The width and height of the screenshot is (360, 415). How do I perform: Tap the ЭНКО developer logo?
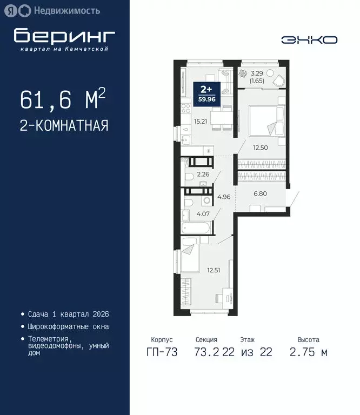(x=309, y=40)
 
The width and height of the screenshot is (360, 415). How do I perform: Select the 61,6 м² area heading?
(x=63, y=100)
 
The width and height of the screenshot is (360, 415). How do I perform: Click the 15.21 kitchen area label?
(x=199, y=122)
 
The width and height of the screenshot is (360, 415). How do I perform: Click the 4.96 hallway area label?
(x=224, y=197)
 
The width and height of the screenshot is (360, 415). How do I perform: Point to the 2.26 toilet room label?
(x=203, y=174)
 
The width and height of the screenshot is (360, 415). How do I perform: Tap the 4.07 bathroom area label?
(x=203, y=213)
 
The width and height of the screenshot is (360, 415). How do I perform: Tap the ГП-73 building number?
(x=162, y=352)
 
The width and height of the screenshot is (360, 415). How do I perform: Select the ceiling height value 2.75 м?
(x=308, y=352)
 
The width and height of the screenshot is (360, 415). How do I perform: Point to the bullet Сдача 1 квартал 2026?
(x=65, y=314)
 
